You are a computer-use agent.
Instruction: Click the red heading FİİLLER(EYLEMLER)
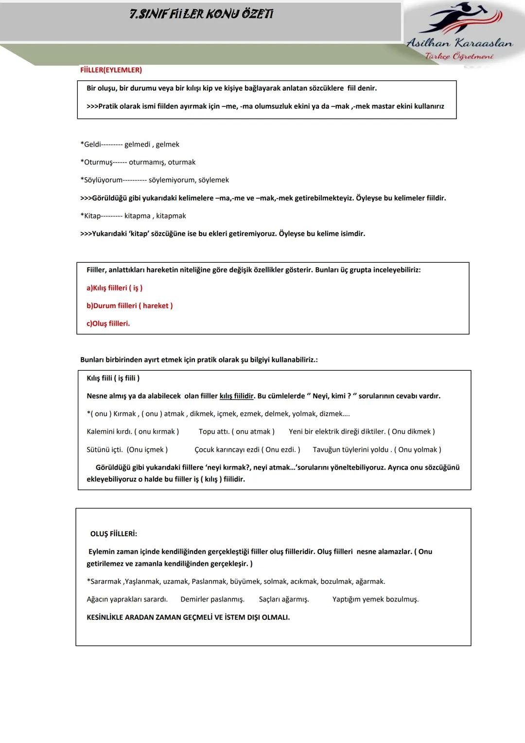point(111,70)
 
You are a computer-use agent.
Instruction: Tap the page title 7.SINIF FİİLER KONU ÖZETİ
point(201,15)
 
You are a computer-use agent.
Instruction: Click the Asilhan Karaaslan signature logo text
point(459,43)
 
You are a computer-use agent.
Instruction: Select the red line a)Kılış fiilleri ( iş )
point(114,288)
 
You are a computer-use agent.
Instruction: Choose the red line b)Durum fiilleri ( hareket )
point(129,306)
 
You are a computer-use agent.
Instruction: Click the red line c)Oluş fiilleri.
point(108,324)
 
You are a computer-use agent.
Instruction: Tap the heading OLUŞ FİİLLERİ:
point(113,534)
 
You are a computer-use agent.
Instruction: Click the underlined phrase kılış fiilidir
point(236,396)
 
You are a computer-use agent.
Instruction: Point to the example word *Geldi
point(91,145)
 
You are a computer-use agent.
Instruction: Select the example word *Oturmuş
point(97,162)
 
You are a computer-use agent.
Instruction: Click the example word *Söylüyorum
point(102,180)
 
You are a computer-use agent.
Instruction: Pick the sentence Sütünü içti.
point(105,450)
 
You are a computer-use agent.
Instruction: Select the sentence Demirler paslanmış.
point(212,599)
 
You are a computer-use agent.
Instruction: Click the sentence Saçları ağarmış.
point(283,599)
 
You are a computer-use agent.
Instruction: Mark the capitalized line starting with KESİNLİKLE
point(188,617)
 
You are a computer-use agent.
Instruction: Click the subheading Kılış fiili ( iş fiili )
point(113,378)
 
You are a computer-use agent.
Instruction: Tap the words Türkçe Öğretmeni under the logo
point(459,56)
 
